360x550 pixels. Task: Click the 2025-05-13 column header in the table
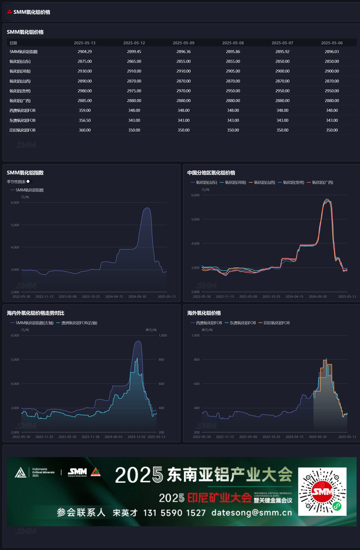[x=84, y=43]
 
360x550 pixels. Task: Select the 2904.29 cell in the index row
[x=84, y=52]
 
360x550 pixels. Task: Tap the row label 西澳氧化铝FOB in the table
[x=22, y=110]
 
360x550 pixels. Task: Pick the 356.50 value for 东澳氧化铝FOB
[x=84, y=120]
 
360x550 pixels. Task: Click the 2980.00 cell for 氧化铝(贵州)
[x=84, y=91]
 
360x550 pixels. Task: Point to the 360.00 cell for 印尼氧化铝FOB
[x=84, y=130]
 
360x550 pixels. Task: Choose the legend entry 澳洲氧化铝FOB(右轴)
[x=79, y=323]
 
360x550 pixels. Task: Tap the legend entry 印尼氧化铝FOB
[x=276, y=323]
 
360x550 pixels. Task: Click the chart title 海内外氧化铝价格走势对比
[x=36, y=313]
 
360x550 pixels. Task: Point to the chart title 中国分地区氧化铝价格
[x=211, y=173]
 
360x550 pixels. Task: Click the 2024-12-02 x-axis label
[x=136, y=437]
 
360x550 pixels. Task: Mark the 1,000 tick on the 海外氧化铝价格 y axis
[x=195, y=335]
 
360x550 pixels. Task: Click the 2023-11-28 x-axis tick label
[x=90, y=437]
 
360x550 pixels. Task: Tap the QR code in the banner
[x=322, y=491]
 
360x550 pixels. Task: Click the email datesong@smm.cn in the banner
[x=252, y=513]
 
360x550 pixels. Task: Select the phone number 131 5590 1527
[x=174, y=513]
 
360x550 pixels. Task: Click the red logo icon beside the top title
[x=9, y=12]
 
